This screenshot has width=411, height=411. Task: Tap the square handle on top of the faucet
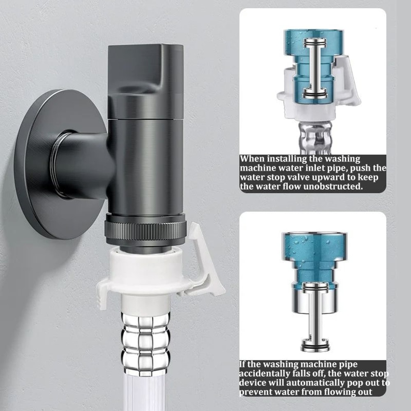point(145,78)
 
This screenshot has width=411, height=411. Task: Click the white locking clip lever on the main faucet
point(205,263)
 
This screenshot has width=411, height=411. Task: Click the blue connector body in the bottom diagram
point(315,255)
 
